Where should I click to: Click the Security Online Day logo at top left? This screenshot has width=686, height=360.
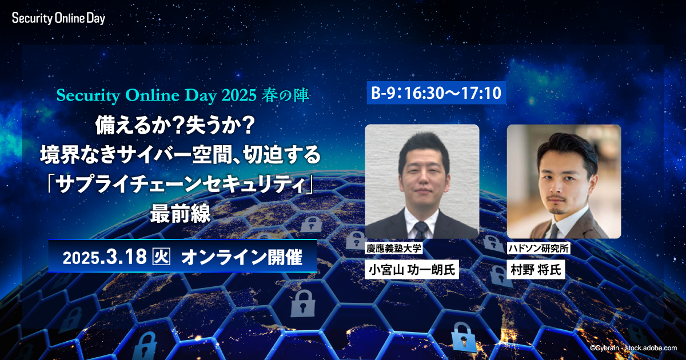pos(58,18)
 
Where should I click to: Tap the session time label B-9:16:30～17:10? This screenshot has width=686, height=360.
pos(436,93)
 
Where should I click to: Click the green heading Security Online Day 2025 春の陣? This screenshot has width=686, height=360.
pos(182,95)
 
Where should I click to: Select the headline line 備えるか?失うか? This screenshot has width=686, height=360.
pos(175,126)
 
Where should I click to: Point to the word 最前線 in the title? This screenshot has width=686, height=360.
pos(181,213)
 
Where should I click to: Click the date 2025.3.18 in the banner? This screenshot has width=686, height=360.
pos(105,257)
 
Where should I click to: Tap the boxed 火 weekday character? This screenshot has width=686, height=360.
pos(161,257)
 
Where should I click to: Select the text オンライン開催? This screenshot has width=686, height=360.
pos(242,257)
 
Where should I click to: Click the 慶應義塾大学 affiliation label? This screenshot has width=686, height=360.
pos(394,248)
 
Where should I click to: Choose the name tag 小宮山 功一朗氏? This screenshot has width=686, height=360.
pos(412,269)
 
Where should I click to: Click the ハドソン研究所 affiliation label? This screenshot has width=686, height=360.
pos(539,248)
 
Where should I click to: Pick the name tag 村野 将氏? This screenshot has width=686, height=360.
pos(536,269)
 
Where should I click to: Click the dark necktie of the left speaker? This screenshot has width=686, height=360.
pos(421,230)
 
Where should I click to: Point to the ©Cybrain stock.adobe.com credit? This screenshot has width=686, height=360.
pos(633,348)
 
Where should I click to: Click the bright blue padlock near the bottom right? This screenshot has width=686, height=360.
pos(464,337)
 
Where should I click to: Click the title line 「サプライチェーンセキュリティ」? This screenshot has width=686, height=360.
pos(181,184)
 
